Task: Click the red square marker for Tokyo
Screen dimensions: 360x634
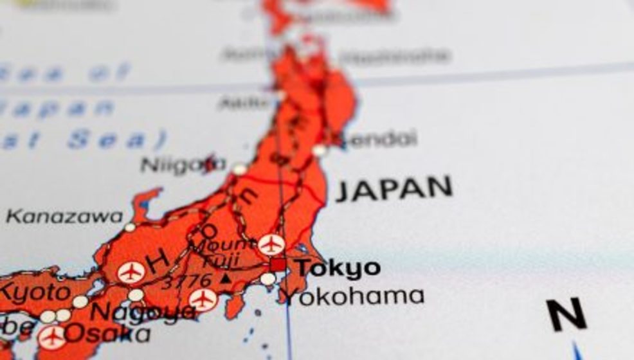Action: point(278,265)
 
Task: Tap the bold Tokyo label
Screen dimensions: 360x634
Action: point(338,268)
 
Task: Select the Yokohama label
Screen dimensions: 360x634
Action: point(354,296)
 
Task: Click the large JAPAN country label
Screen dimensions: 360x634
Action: point(394,188)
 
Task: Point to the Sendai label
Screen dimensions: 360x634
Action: point(379,138)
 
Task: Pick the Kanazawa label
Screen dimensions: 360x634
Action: point(64,217)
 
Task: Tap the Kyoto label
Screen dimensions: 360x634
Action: point(35,293)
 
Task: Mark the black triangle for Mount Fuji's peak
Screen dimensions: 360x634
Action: point(225,280)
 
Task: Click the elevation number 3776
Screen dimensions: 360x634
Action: point(186,281)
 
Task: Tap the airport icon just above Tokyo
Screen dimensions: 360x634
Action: point(271,244)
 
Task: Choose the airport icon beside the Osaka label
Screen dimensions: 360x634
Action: point(51,337)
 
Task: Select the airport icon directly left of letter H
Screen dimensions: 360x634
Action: point(131,273)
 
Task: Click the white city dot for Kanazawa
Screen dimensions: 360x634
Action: point(130,227)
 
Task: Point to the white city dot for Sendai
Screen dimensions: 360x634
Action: point(319,150)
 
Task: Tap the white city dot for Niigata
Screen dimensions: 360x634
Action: point(239,169)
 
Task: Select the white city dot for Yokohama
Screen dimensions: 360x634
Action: point(267,280)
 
